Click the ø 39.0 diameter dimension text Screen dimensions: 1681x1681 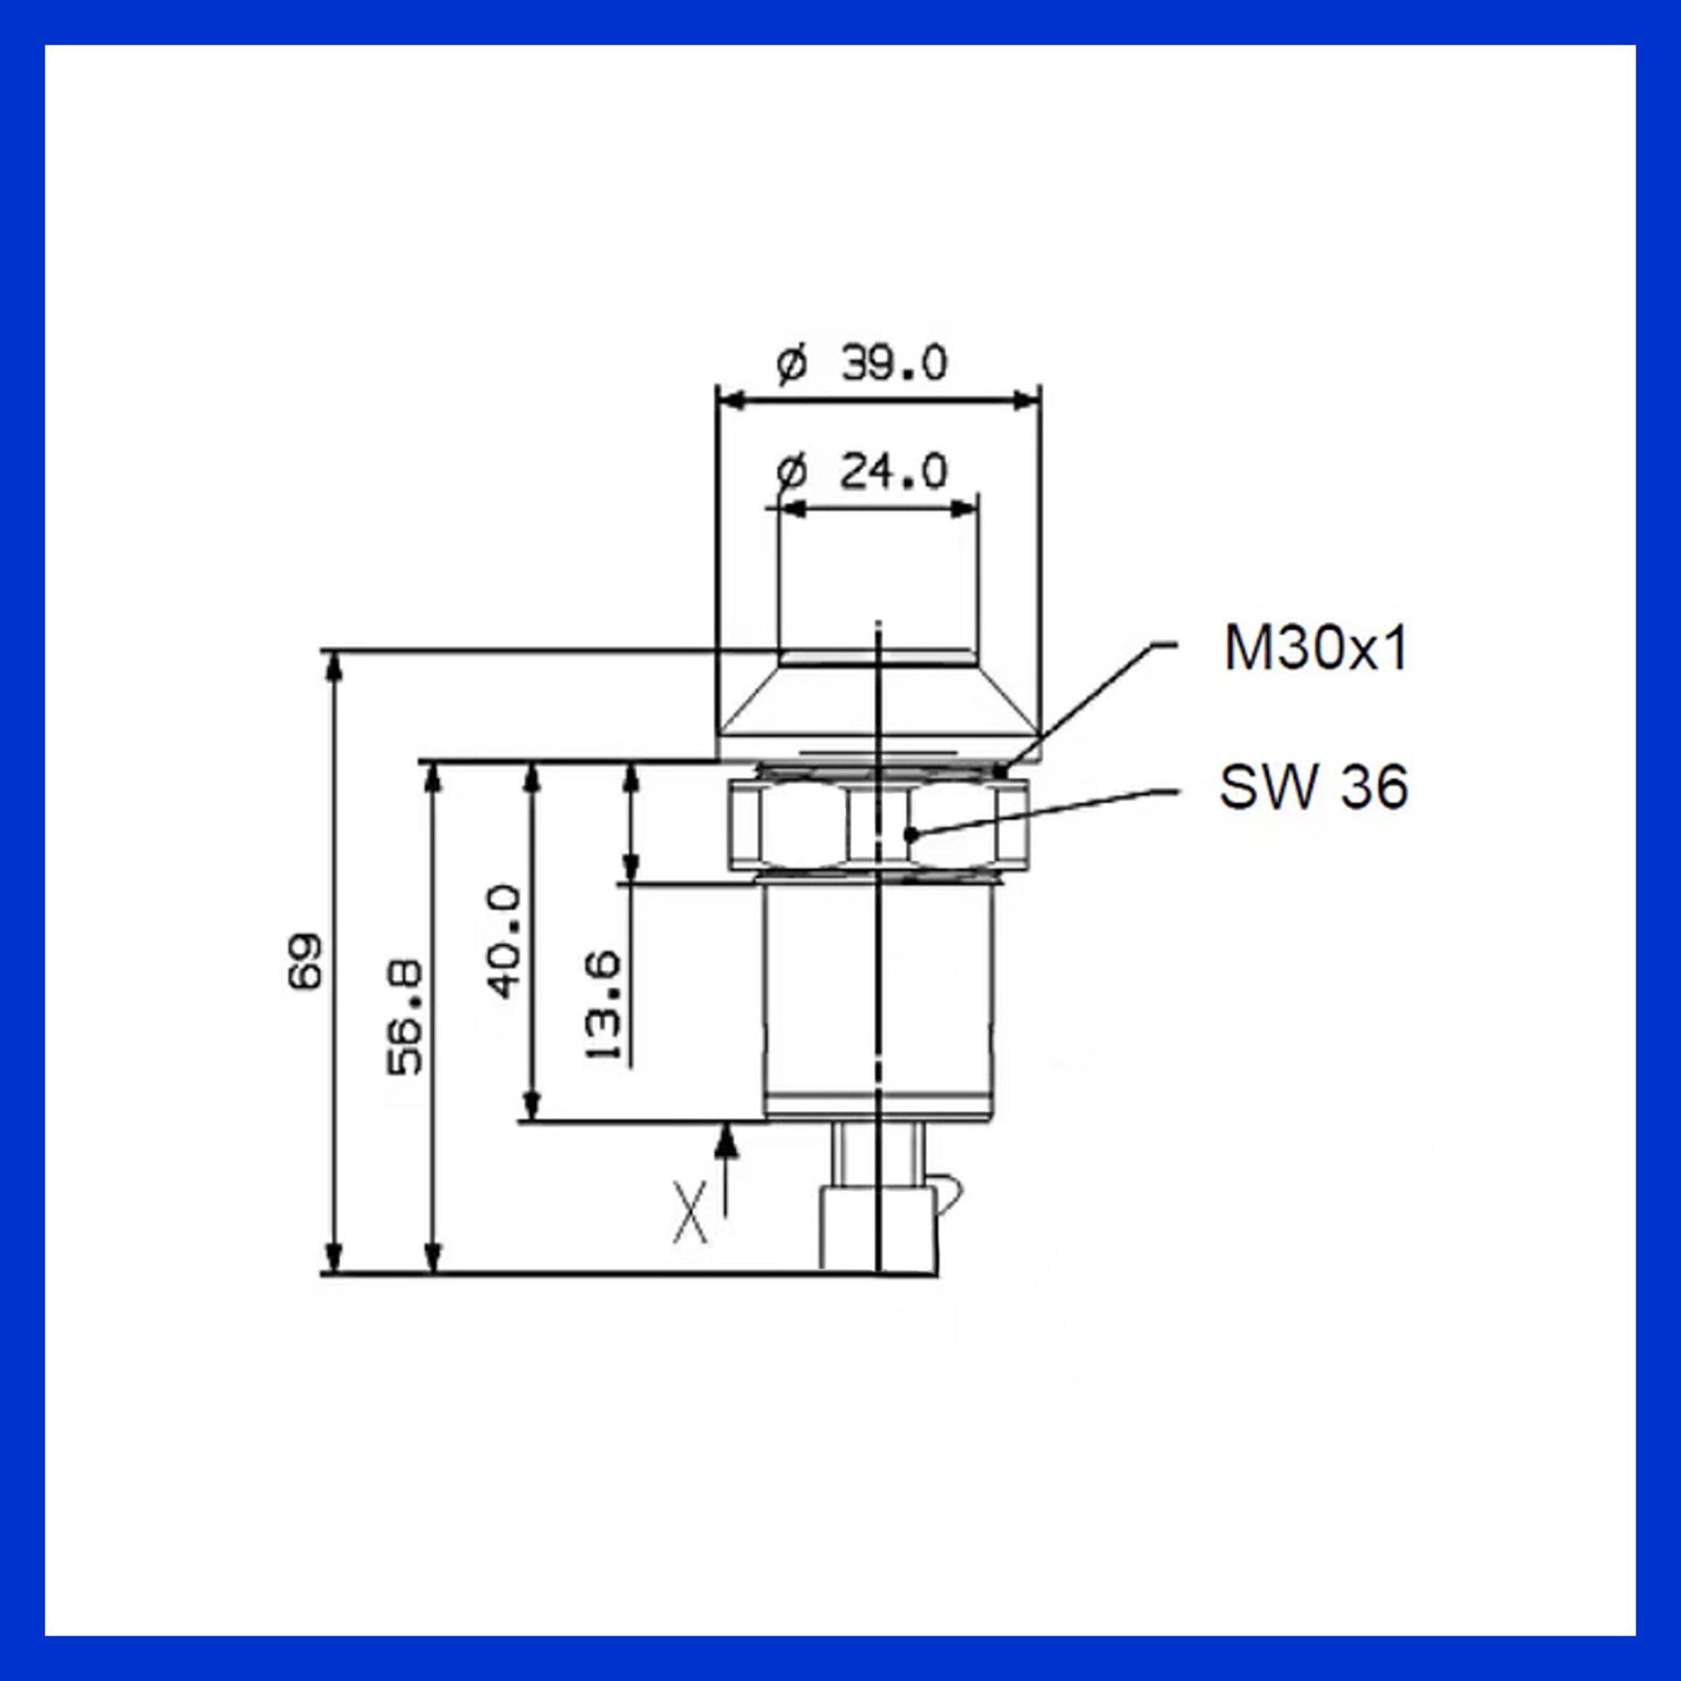(x=862, y=363)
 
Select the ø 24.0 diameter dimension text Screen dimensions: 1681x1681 (x=862, y=472)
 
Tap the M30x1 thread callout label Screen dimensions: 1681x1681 (x=1315, y=648)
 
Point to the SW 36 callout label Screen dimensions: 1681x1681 (x=1314, y=787)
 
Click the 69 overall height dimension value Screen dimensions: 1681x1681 (x=305, y=961)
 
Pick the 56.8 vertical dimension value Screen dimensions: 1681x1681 (x=404, y=1017)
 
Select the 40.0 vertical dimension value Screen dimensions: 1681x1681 (x=503, y=942)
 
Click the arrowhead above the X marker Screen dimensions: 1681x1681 (x=727, y=1141)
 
